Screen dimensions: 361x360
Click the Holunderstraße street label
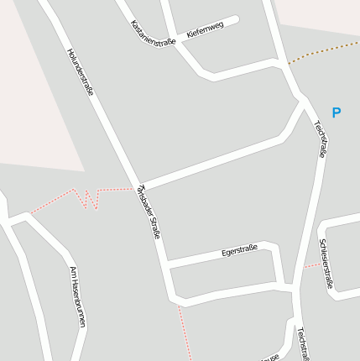point(79,71)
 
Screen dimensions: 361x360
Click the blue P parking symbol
point(337,112)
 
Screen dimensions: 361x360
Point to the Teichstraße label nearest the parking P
point(320,139)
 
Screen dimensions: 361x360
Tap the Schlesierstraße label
point(326,264)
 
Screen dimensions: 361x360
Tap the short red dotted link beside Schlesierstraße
point(310,265)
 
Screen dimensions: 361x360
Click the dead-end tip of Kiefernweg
point(236,20)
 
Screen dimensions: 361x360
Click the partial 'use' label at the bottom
point(270,358)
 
